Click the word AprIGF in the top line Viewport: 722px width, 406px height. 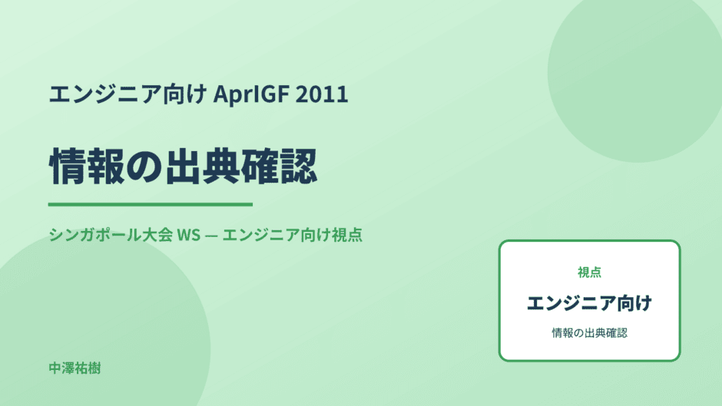251,94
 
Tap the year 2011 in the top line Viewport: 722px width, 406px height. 322,94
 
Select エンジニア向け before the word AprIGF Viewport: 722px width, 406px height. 128,94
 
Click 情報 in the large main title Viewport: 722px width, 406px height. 87,167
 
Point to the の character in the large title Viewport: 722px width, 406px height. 144,167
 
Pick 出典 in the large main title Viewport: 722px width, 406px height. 203,167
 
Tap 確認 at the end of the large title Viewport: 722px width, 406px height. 280,167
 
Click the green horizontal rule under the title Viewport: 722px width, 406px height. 151,204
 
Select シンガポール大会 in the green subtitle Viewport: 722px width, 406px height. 111,235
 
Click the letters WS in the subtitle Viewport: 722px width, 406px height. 189,235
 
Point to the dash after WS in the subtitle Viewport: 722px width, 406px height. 212,235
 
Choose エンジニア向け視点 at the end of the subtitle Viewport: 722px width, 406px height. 293,235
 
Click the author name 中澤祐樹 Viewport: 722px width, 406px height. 75,368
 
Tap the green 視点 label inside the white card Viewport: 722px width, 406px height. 589,272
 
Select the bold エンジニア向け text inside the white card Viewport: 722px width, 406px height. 589,303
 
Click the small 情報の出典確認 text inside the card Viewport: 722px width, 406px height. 589,333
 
